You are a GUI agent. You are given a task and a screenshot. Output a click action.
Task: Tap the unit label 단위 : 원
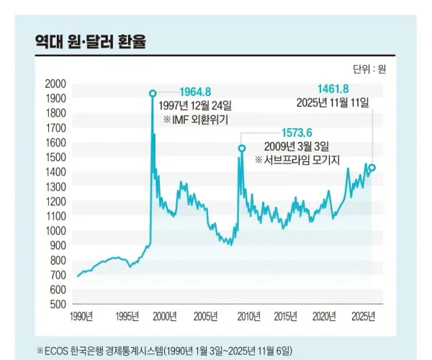coord(369,69)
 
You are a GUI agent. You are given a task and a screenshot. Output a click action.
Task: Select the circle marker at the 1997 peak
coord(152,93)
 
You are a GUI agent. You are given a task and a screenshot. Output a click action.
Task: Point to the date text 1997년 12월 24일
coord(200,106)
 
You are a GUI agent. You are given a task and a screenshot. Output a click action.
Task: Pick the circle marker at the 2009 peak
coord(241,148)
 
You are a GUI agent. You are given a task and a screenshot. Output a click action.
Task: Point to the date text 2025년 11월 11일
coord(333,103)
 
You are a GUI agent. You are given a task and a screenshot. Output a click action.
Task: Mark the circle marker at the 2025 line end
coord(372,168)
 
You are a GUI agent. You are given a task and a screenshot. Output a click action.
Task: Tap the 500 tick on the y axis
coord(58,303)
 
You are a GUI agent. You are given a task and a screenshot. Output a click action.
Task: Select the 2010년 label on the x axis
coord(249,317)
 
